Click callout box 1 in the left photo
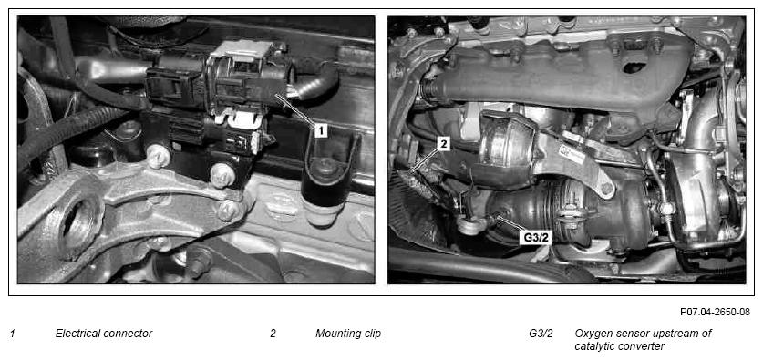pyautogui.click(x=320, y=130)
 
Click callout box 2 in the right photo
pyautogui.click(x=444, y=143)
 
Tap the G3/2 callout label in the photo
pyautogui.click(x=536, y=238)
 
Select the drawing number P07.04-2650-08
pyautogui.click(x=715, y=312)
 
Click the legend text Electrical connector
pyautogui.click(x=104, y=334)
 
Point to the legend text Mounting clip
pyautogui.click(x=348, y=334)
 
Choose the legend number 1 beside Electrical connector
pyautogui.click(x=13, y=334)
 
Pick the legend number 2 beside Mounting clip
pyautogui.click(x=273, y=334)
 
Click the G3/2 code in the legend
pyautogui.click(x=541, y=334)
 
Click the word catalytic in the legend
pyautogui.click(x=594, y=346)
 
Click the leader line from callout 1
pyautogui.click(x=296, y=110)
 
